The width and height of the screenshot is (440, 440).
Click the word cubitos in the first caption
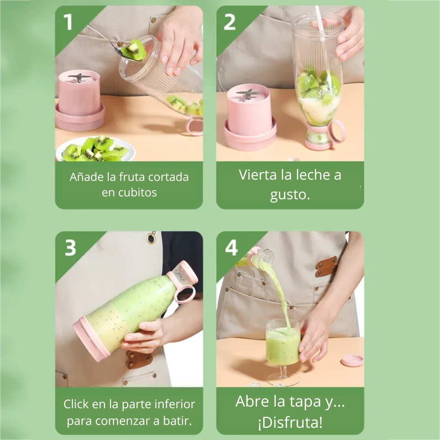129,193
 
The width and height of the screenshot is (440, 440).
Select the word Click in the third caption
76,404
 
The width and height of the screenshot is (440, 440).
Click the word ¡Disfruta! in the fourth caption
290,422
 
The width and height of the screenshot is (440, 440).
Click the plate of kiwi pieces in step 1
95,150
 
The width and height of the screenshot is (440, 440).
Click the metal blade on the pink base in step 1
78,77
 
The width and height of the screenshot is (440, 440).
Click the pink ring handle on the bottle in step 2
338,132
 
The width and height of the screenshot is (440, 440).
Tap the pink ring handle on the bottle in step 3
185,293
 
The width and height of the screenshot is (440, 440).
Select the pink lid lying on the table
352,360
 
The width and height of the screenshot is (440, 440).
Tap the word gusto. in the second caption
290,194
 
